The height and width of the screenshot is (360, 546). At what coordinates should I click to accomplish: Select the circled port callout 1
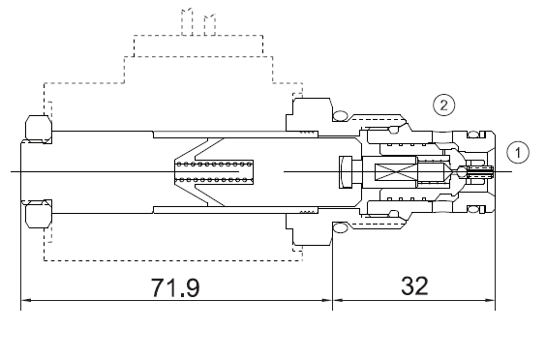click(x=520, y=153)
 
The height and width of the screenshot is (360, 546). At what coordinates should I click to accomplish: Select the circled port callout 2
click(x=442, y=103)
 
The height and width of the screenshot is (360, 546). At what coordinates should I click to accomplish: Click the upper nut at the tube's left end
click(x=36, y=127)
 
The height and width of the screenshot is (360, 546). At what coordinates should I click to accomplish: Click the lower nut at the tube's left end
click(x=36, y=214)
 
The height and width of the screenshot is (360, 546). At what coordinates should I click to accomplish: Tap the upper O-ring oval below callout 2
click(x=340, y=118)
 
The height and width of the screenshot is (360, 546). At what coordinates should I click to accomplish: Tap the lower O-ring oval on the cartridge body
click(x=340, y=227)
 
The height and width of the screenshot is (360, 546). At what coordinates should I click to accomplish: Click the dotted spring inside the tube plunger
click(x=214, y=171)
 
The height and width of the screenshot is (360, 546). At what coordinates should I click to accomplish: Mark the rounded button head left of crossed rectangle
click(x=346, y=172)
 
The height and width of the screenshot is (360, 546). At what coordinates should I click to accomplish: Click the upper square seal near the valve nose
click(x=477, y=136)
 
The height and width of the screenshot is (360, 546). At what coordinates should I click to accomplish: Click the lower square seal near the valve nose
click(x=477, y=209)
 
